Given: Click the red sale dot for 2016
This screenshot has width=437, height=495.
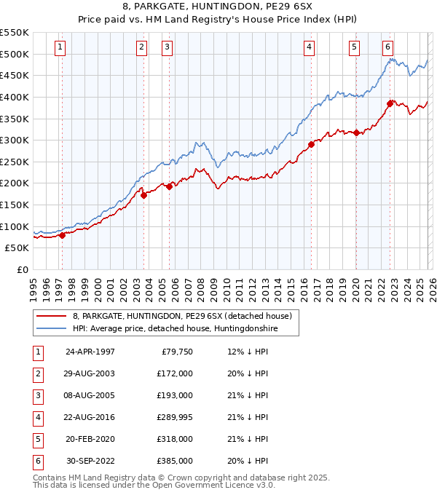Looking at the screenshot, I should tap(311, 144).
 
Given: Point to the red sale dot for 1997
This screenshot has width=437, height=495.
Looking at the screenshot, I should tap(62, 235).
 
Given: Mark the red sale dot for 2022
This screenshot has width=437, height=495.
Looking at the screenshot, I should tap(390, 103).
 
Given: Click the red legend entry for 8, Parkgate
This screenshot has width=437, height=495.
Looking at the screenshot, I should tap(182, 316).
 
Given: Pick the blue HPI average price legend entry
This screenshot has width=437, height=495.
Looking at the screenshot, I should tap(175, 329).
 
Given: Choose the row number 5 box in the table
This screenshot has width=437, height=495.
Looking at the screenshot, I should tap(36, 439).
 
